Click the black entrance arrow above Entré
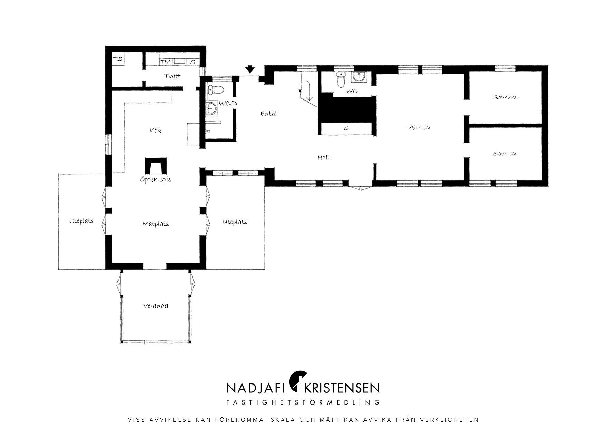250,70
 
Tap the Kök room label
155,130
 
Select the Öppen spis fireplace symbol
156,166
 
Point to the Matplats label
156,224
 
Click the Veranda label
156,306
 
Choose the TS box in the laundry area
118,59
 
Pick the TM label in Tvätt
165,62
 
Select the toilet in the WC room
341,80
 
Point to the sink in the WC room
360,77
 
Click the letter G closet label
346,129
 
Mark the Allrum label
420,128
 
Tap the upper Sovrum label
505,97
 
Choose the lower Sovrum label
505,154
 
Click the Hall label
324,158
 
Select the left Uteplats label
82,221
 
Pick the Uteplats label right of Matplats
235,222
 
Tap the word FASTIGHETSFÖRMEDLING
303,402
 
